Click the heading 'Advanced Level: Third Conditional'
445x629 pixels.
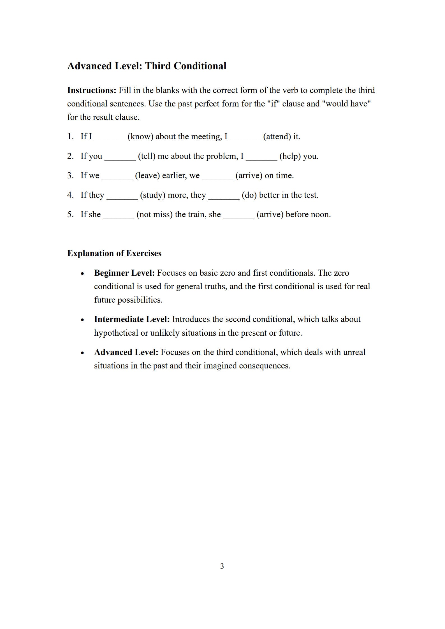(x=147, y=66)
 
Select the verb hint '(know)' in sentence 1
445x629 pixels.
(x=140, y=136)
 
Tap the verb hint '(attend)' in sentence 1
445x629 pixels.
(x=277, y=136)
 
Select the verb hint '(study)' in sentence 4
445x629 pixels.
(x=152, y=195)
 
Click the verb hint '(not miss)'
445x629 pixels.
(x=154, y=214)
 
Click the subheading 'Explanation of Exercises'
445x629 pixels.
(x=114, y=253)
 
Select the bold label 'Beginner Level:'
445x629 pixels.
(x=124, y=273)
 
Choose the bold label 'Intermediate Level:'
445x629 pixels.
(x=132, y=319)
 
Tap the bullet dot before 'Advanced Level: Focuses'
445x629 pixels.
(x=82, y=353)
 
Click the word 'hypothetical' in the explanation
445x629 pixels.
(x=116, y=333)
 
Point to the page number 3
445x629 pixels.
(x=222, y=566)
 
